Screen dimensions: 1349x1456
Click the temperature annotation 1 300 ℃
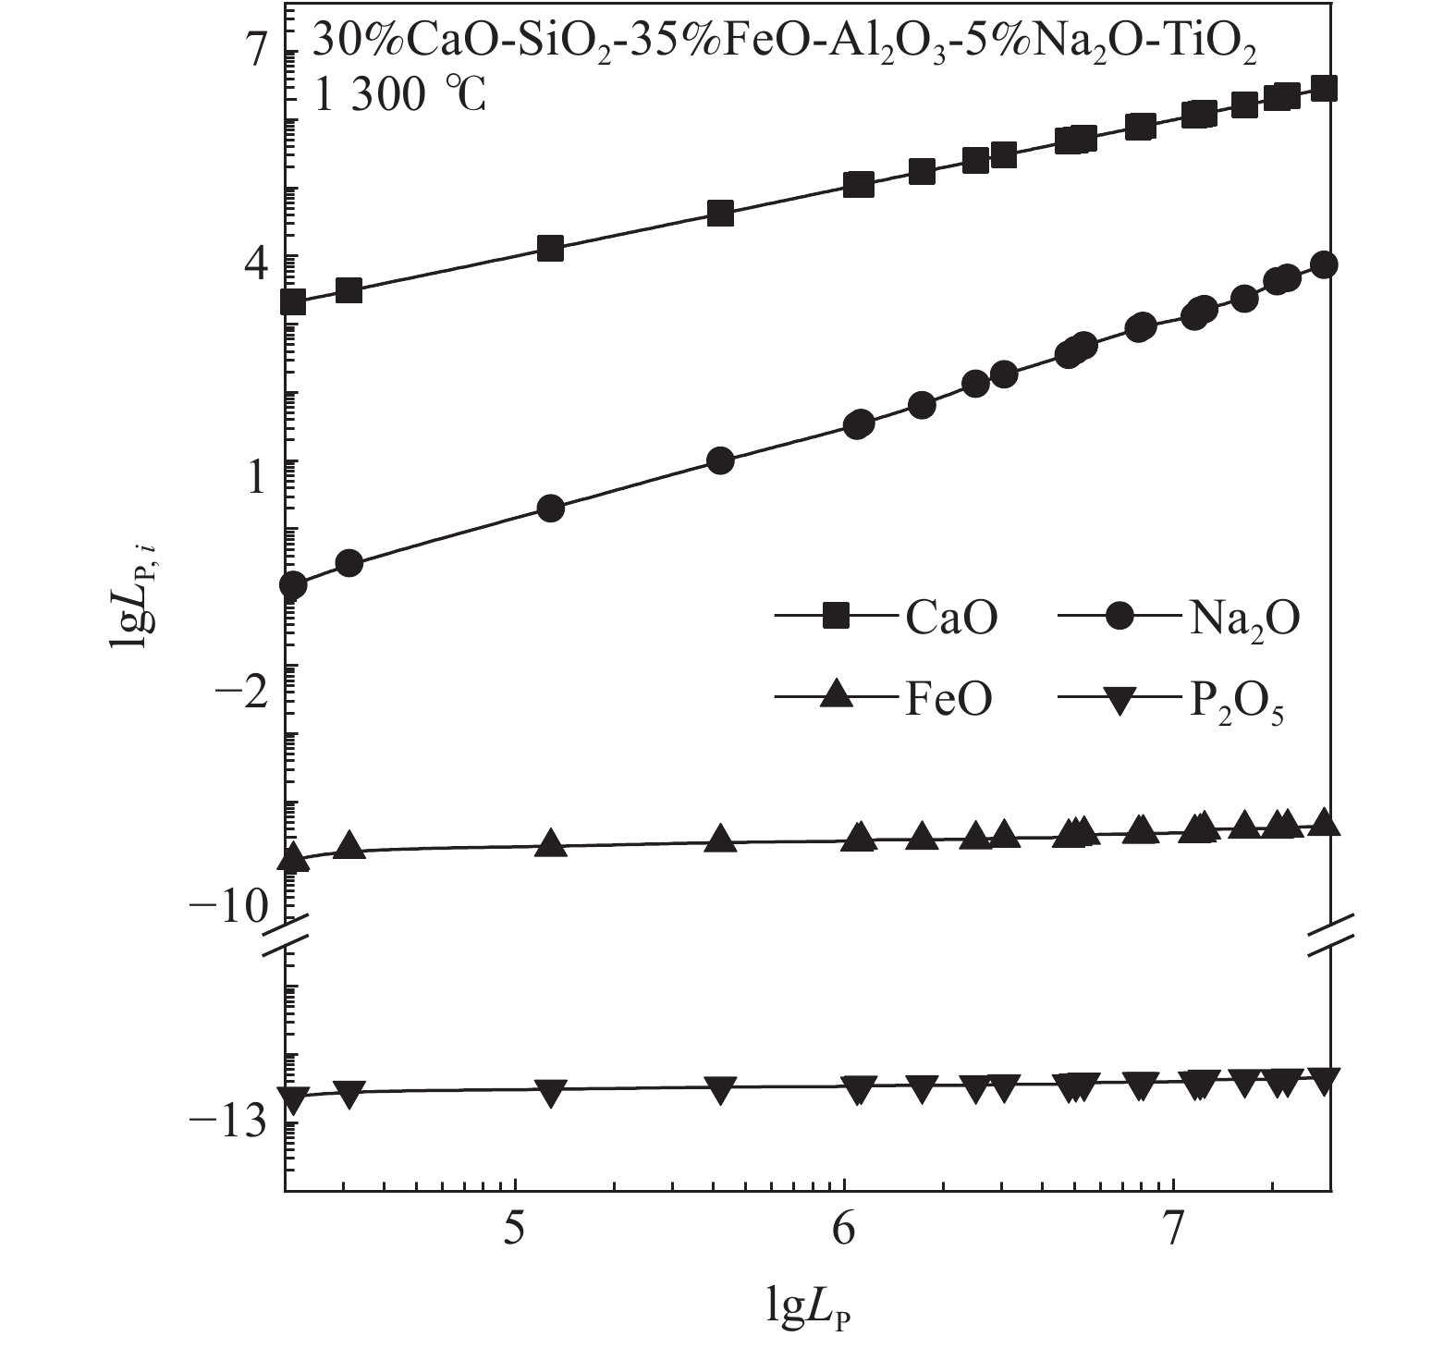[x=399, y=95]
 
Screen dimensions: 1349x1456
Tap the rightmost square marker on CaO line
[x=1324, y=89]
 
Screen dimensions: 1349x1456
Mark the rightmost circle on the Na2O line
[x=1324, y=265]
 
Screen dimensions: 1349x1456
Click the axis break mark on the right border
[x=1330, y=936]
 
